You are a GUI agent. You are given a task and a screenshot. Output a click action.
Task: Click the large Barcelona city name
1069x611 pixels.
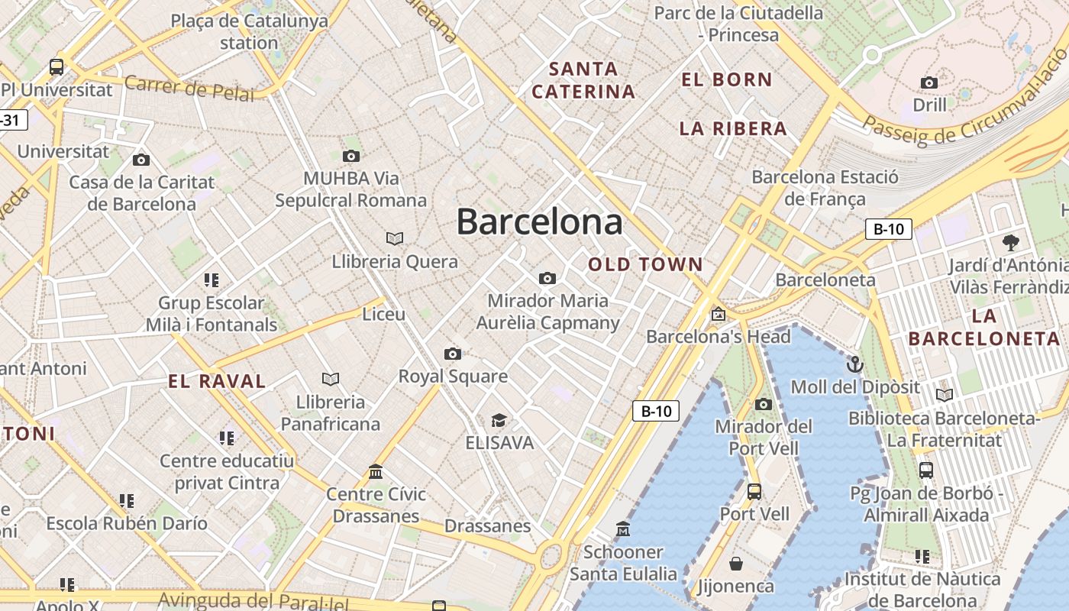(x=539, y=222)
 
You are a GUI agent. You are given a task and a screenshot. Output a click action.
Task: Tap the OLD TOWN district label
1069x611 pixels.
(x=645, y=265)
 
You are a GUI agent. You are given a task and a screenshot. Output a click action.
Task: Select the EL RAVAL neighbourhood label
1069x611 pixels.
(x=217, y=381)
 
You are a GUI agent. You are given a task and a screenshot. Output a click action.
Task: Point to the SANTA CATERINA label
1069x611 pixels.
(x=583, y=80)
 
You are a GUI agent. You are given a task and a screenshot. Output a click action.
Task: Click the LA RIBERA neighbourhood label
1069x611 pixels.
(x=733, y=128)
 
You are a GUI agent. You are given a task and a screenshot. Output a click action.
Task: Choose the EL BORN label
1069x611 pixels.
(x=727, y=79)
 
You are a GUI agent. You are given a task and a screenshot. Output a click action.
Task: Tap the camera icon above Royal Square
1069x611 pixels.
(x=453, y=354)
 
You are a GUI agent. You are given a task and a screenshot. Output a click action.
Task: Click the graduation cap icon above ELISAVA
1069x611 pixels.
(x=499, y=420)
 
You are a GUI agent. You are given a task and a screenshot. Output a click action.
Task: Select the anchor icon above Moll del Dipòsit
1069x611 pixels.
(x=854, y=364)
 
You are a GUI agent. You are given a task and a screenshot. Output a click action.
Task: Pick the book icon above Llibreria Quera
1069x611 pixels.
(x=395, y=238)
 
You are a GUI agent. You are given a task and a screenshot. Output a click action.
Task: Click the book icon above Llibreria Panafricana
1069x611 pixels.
(x=330, y=379)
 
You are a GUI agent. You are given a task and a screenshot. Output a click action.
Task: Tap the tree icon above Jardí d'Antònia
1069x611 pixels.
(x=1011, y=243)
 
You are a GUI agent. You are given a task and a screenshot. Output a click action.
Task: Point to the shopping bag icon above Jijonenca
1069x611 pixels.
(x=736, y=564)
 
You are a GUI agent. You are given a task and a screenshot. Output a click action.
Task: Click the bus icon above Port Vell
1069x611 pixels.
(x=754, y=491)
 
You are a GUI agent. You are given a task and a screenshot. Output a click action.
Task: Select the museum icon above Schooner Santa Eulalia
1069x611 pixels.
(x=623, y=529)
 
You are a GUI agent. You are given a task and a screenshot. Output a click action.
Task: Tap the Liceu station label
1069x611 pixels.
(x=384, y=314)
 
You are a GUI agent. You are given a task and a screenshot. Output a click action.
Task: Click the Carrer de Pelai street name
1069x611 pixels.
(x=189, y=89)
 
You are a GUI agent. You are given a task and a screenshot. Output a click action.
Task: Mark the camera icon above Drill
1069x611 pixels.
(x=929, y=82)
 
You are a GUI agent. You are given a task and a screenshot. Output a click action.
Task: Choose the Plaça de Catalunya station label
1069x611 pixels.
(x=249, y=31)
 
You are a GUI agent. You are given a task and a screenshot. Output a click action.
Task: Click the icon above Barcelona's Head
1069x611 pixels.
(x=718, y=314)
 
